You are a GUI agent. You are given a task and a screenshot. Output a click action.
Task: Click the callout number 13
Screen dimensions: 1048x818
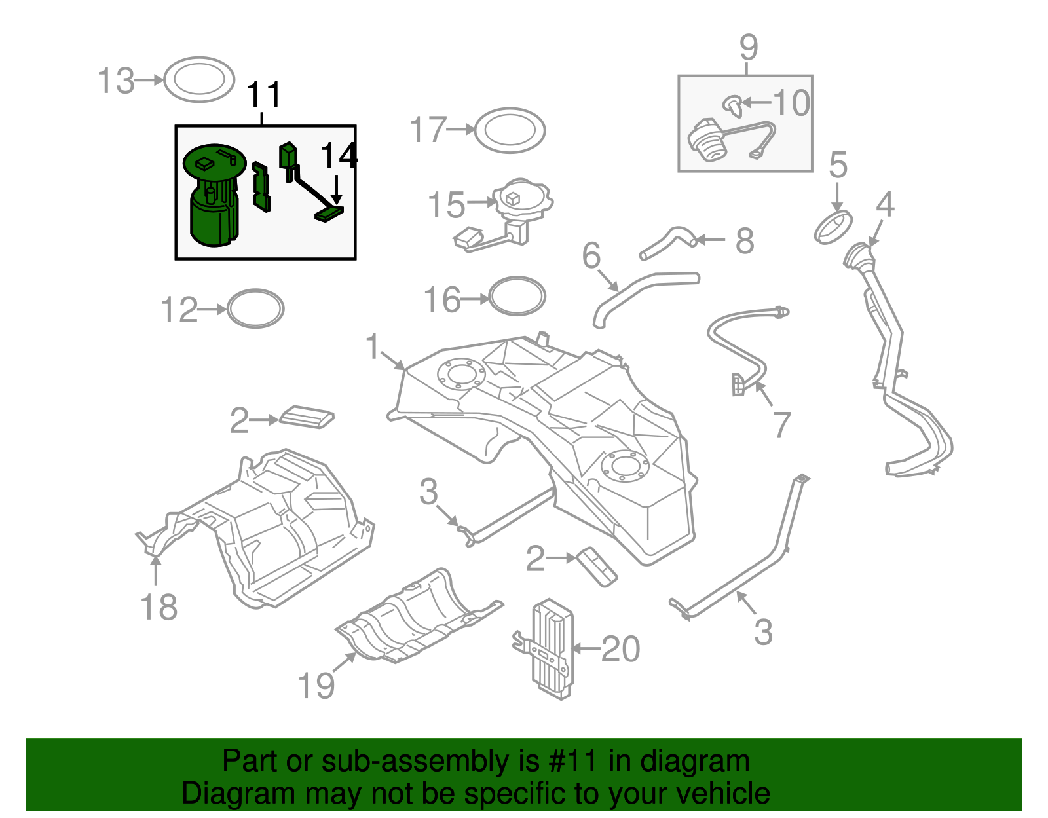click(x=116, y=81)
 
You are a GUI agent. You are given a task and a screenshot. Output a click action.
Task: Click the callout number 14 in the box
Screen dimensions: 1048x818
click(x=339, y=157)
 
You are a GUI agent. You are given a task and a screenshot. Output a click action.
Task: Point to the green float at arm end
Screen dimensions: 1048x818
click(x=329, y=214)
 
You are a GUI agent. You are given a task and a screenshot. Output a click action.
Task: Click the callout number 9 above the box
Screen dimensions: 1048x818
click(x=749, y=47)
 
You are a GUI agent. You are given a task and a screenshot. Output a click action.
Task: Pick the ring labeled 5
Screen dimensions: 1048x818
click(x=833, y=226)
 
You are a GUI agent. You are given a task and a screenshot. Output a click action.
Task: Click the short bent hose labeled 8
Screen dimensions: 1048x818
click(x=668, y=242)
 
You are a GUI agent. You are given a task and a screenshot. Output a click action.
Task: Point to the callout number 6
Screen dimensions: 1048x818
click(x=591, y=255)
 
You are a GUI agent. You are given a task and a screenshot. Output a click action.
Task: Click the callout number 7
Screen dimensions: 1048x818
click(x=781, y=425)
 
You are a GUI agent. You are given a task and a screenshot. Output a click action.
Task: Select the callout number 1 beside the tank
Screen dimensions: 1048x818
click(x=373, y=346)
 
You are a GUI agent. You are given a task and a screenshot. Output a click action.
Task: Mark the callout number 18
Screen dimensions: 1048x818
click(x=159, y=606)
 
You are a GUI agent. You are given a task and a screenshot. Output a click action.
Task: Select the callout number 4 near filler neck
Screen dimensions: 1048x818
click(x=885, y=204)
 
